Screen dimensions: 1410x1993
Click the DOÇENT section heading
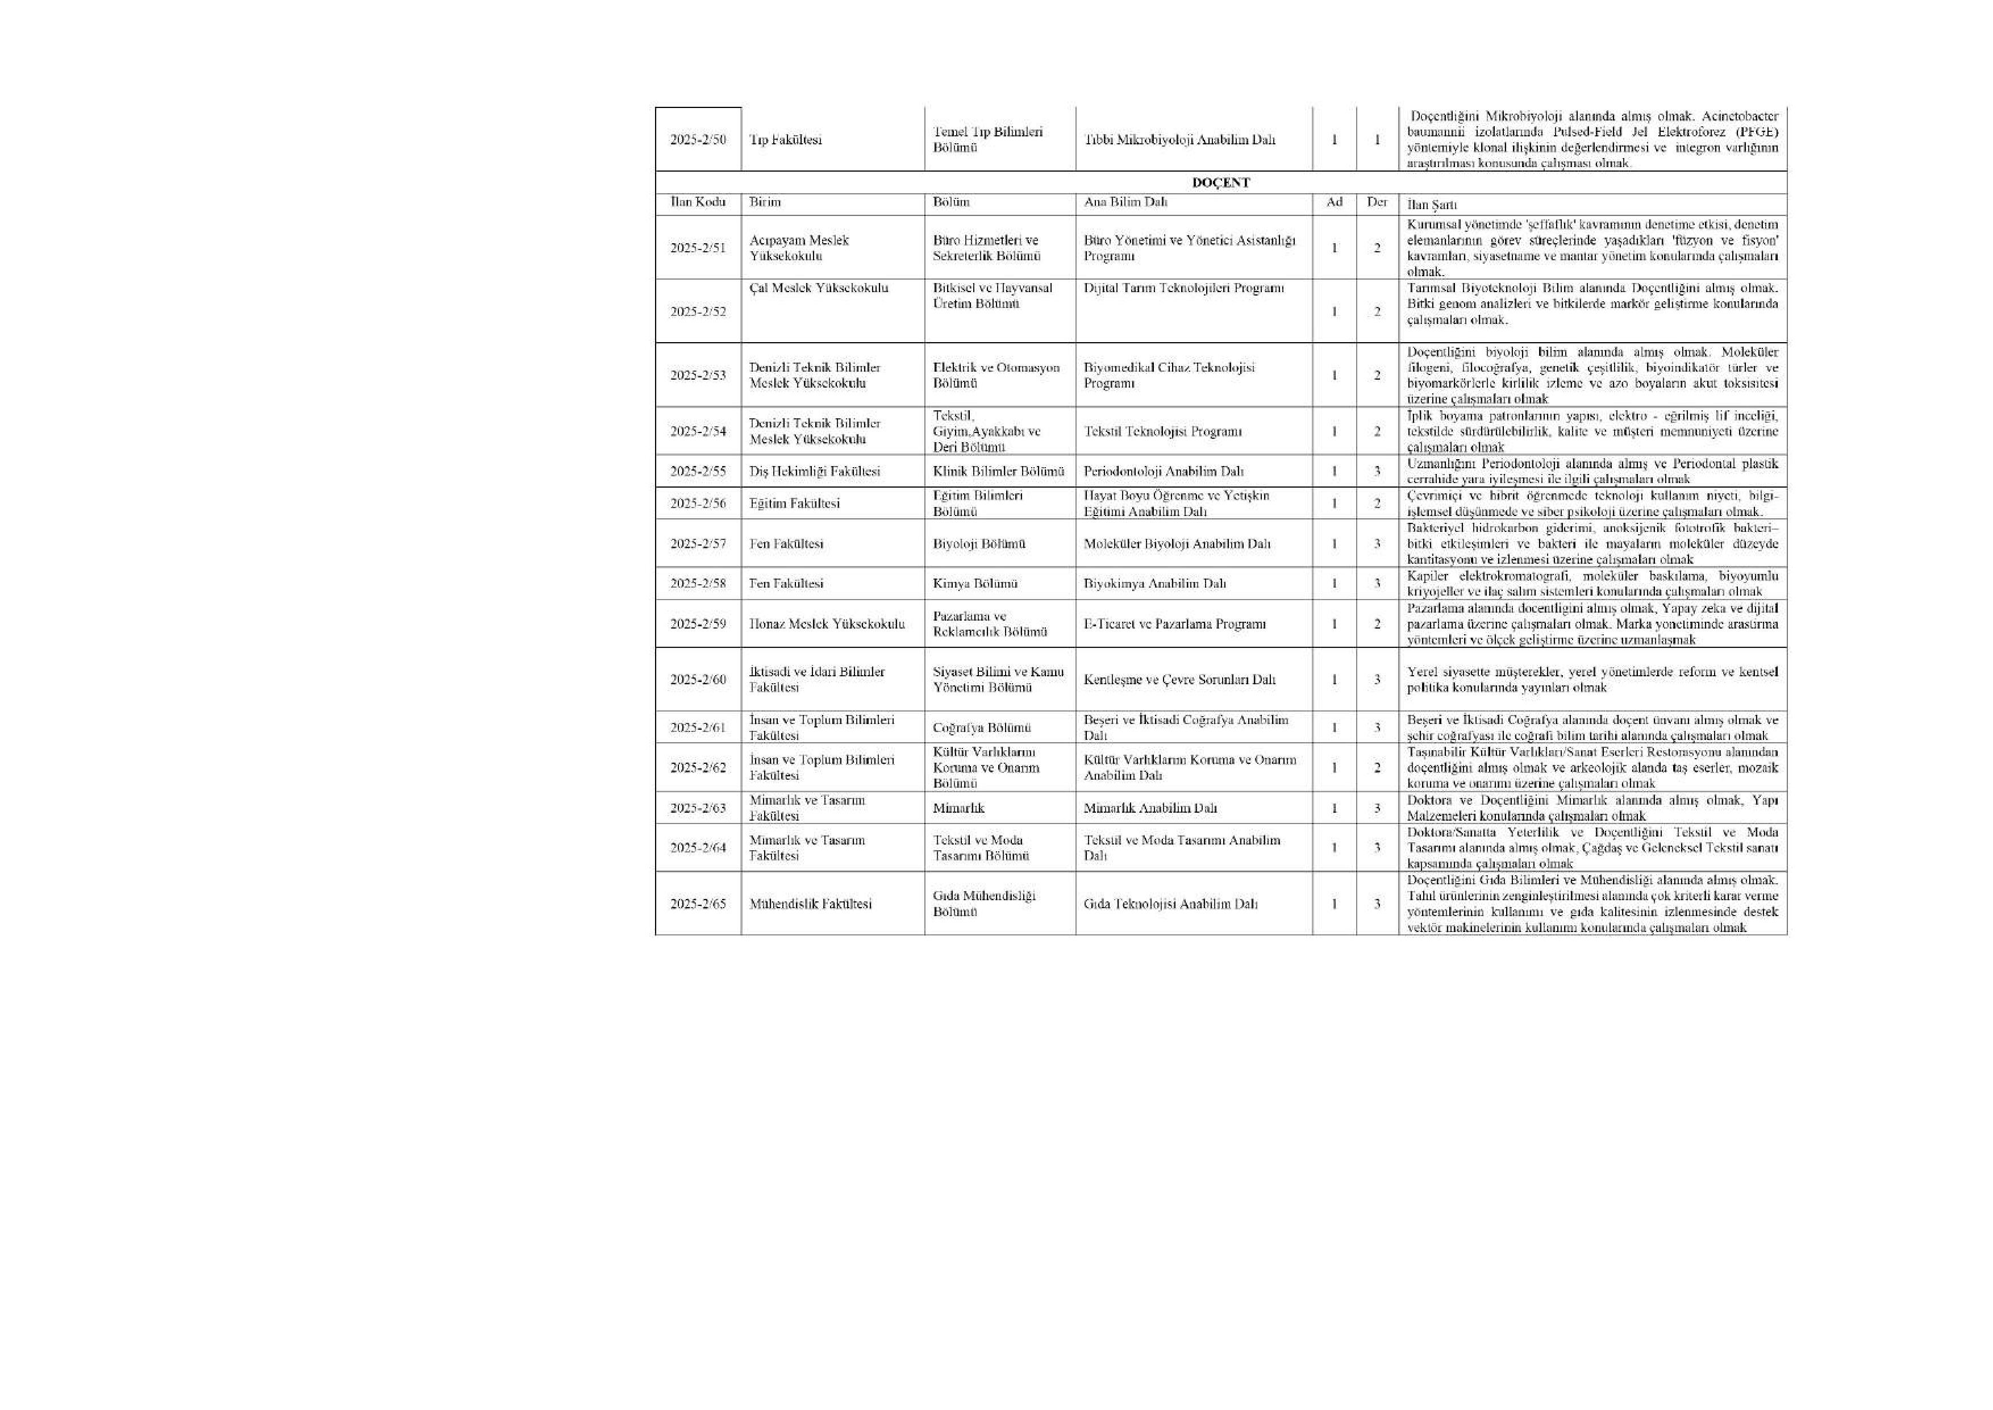pos(1220,182)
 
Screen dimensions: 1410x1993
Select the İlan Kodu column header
pos(697,202)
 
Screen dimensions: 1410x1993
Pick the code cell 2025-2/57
pos(697,543)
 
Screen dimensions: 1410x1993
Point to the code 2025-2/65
pos(697,904)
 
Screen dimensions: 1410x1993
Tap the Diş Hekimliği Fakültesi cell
pos(814,472)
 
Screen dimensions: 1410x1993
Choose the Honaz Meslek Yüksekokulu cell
pos(827,623)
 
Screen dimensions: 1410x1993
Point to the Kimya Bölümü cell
pos(975,584)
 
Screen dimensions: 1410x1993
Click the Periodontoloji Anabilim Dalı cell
pos(1163,472)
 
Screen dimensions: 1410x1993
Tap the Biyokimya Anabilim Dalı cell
pos(1154,584)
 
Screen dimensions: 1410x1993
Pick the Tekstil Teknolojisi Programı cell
pos(1162,431)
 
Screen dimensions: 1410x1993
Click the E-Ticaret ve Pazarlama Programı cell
pos(1174,623)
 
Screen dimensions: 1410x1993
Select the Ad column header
pos(1334,202)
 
